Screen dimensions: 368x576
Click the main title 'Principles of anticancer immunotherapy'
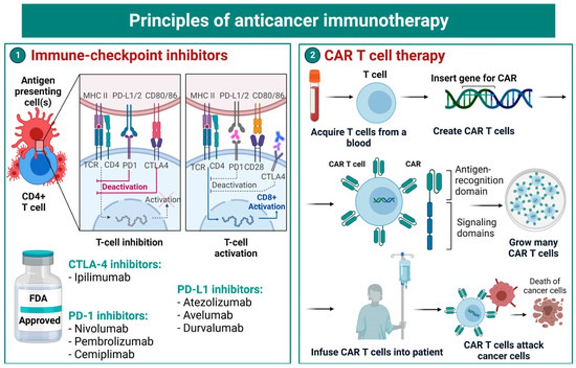point(288,21)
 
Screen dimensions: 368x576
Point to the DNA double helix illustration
point(489,98)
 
